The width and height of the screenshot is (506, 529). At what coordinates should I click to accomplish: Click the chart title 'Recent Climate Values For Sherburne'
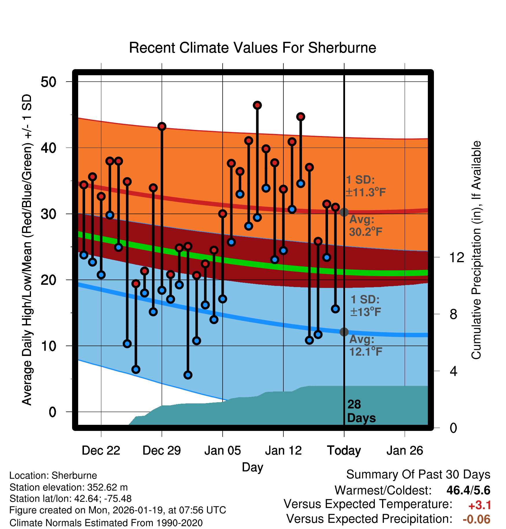point(252,48)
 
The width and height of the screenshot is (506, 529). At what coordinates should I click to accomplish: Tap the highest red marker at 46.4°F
point(257,105)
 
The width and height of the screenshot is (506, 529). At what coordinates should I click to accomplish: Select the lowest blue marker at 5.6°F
point(188,375)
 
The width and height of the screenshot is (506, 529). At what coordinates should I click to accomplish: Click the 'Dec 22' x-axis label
point(101,451)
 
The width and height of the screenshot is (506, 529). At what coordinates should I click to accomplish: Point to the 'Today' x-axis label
point(344,451)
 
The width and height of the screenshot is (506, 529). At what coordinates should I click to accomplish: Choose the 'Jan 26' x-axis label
point(405,451)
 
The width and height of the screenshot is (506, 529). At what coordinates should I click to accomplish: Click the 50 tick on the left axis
point(48,82)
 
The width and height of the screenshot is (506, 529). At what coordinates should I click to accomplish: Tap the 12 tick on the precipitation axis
point(456,257)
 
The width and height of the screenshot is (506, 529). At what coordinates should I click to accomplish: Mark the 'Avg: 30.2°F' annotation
point(365,225)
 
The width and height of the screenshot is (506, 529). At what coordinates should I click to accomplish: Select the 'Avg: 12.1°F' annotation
point(365,346)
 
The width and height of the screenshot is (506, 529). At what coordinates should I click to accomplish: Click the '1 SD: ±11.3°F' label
point(365,186)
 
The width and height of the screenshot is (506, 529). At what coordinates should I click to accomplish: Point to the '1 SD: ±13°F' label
point(365,306)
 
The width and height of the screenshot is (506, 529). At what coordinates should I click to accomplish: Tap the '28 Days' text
point(361,411)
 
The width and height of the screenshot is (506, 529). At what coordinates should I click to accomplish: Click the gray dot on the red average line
point(344,212)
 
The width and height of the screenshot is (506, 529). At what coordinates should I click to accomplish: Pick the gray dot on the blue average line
point(344,332)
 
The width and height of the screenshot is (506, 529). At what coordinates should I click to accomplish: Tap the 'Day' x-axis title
point(252,467)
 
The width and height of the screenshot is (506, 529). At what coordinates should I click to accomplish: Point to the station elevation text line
point(69,487)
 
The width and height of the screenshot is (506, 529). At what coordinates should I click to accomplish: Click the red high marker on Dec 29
point(162,126)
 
